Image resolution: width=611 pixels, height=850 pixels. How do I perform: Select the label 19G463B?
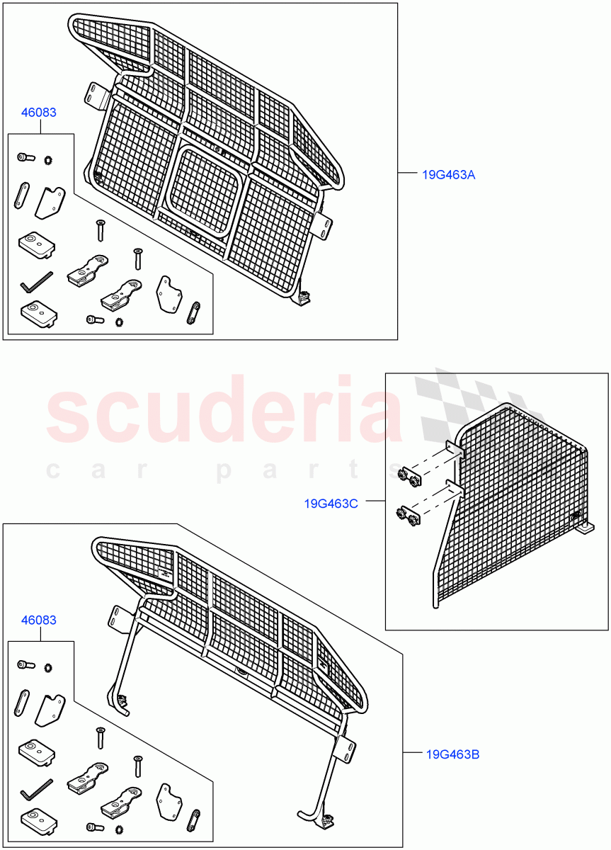453,754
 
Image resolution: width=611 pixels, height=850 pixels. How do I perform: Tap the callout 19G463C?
331,504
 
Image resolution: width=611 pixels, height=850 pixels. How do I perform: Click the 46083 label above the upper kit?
39,112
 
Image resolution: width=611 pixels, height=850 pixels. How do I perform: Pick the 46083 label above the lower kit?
39,620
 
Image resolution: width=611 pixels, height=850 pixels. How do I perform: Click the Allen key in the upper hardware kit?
35,281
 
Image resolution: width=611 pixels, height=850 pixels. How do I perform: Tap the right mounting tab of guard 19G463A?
324,225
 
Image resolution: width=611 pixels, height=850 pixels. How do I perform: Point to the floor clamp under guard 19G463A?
304,297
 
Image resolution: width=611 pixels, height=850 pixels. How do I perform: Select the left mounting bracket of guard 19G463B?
118,618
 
